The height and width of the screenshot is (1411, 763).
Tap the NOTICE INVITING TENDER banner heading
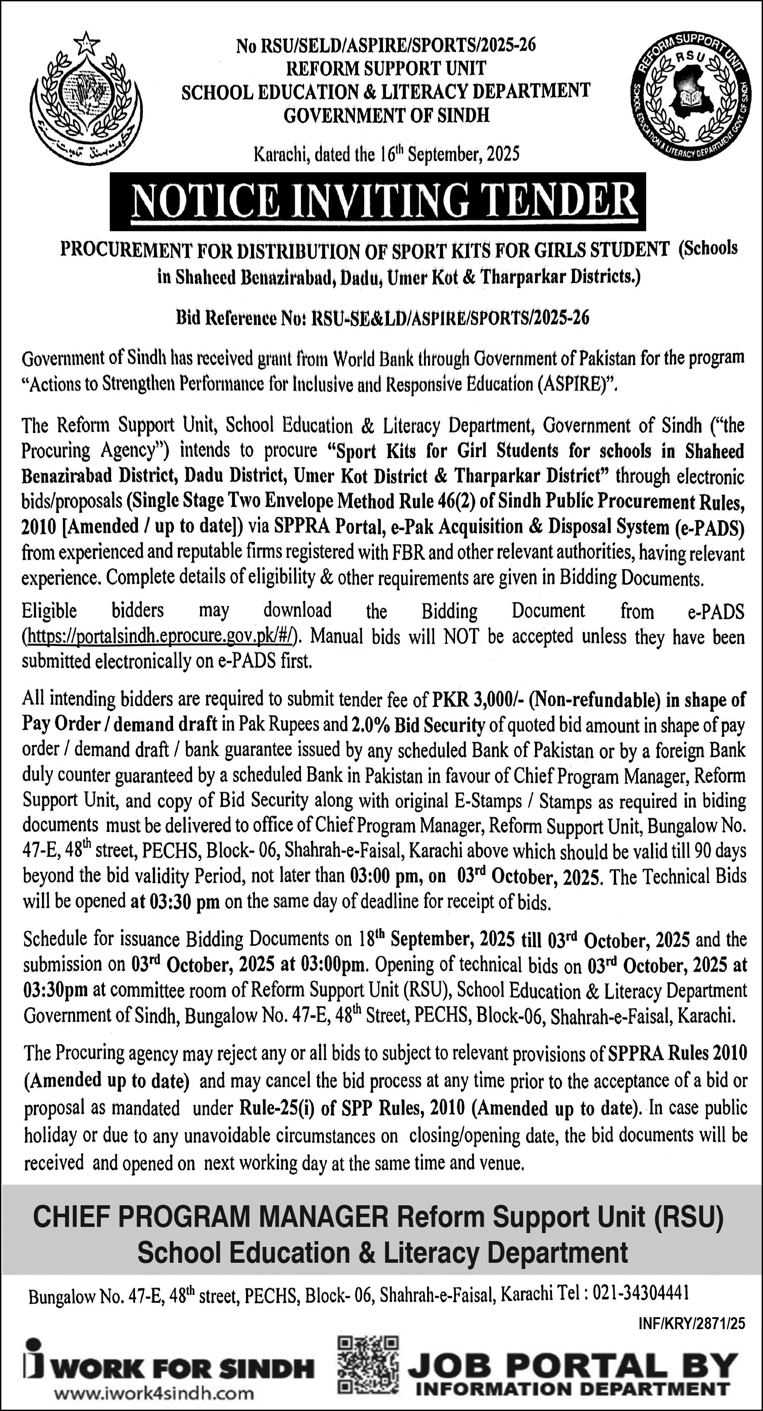[378, 201]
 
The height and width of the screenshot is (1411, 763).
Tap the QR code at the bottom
[368, 1364]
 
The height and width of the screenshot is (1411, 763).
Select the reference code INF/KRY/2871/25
[691, 1323]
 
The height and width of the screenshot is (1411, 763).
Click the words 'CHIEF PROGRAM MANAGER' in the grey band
[210, 1217]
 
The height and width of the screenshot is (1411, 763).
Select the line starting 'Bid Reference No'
[382, 318]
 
